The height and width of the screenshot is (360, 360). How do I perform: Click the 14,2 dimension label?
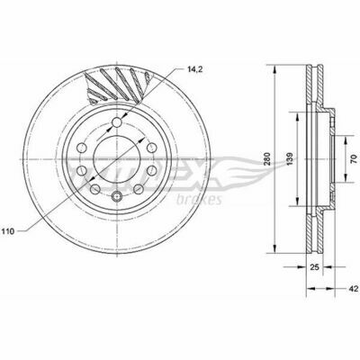[195, 69]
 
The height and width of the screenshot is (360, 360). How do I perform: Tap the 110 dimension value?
[8, 231]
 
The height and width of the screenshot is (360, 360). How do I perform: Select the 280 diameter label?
[268, 158]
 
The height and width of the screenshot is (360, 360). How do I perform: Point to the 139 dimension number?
[290, 159]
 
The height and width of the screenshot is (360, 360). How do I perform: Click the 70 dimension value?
[354, 158]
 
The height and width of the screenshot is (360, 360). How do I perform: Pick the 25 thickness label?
[314, 267]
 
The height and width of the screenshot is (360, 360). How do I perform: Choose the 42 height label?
[354, 289]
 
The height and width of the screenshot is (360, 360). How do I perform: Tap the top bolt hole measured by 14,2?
[117, 122]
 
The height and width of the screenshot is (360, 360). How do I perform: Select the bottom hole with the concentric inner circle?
[117, 196]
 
